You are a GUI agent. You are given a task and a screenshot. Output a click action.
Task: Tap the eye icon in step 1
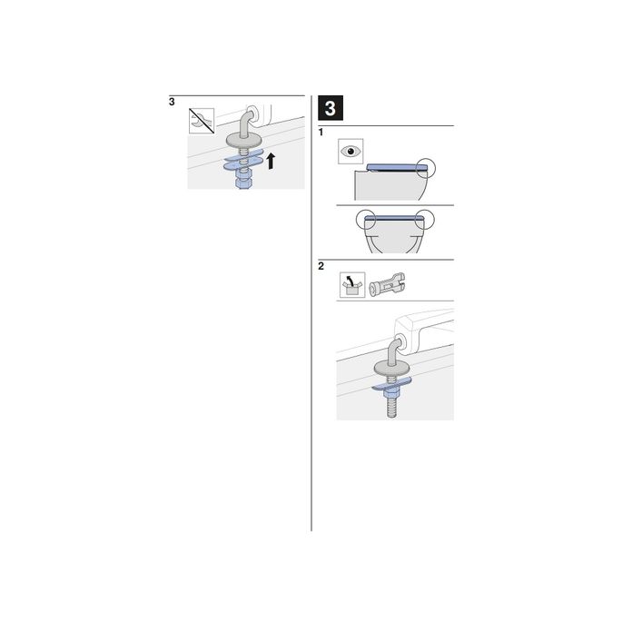point(350,152)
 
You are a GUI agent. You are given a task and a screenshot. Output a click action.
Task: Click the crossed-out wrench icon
point(201,120)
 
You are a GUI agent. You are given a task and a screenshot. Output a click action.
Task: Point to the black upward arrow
point(271,162)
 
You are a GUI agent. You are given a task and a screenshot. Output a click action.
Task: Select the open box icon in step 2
point(350,287)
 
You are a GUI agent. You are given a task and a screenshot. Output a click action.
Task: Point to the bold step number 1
point(321,133)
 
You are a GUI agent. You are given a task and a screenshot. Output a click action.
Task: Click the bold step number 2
point(321,267)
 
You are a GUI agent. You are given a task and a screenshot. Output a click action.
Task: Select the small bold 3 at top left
point(172,102)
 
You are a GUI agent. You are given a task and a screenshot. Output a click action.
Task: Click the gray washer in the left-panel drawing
point(242,139)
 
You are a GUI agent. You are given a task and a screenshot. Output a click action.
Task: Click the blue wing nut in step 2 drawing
point(391,382)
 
